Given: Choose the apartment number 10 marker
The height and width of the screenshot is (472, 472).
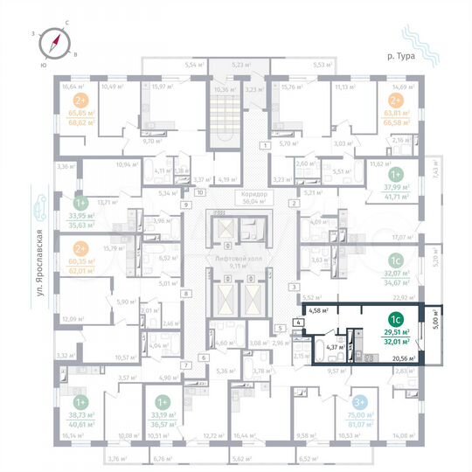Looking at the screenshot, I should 200,191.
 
